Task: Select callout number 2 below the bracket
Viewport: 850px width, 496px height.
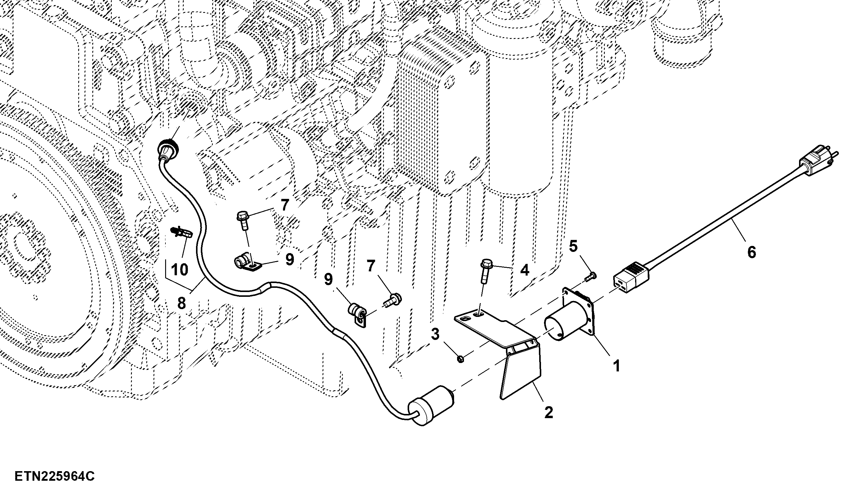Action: coord(549,413)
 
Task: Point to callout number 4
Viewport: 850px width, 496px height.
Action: coord(525,270)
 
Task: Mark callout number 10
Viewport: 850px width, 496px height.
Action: coord(180,270)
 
